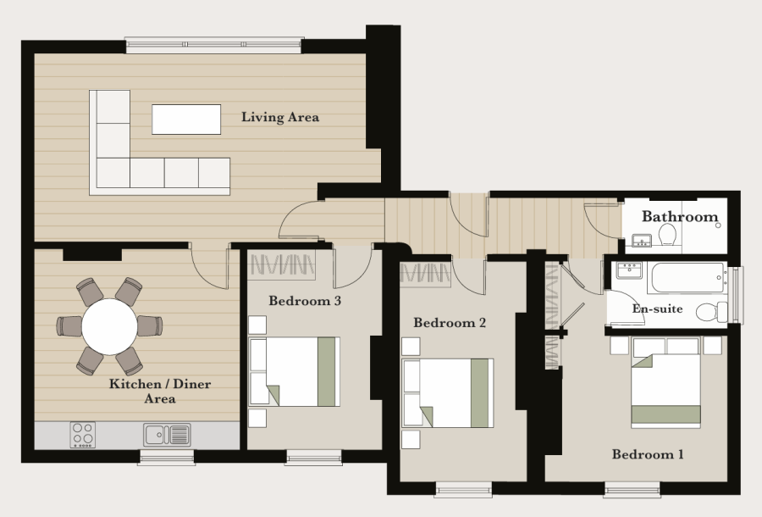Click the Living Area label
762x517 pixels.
pyautogui.click(x=280, y=117)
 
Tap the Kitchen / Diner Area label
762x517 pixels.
pyautogui.click(x=160, y=391)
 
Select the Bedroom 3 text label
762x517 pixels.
pyautogui.click(x=305, y=301)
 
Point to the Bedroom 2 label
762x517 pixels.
pyautogui.click(x=450, y=322)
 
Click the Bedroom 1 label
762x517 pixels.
pyautogui.click(x=648, y=454)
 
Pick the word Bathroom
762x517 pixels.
pyautogui.click(x=680, y=216)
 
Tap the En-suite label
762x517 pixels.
pyautogui.click(x=657, y=309)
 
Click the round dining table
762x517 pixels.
pyautogui.click(x=109, y=326)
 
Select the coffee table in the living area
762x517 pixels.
pyautogui.click(x=186, y=120)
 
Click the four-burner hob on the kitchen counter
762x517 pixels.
pyautogui.click(x=83, y=434)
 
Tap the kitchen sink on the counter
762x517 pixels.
pyautogui.click(x=167, y=434)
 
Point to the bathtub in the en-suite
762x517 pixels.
pyautogui.click(x=687, y=278)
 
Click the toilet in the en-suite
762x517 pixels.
pyautogui.click(x=712, y=312)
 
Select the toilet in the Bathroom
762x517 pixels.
pyautogui.click(x=668, y=235)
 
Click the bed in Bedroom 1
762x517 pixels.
pyautogui.click(x=665, y=383)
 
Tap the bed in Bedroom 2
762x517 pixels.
pyautogui.click(x=448, y=393)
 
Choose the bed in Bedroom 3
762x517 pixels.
pyautogui.click(x=295, y=371)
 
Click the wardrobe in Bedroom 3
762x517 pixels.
pyautogui.click(x=281, y=265)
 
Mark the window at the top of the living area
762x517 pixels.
pyautogui.click(x=214, y=45)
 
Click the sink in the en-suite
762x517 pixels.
pyautogui.click(x=629, y=270)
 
